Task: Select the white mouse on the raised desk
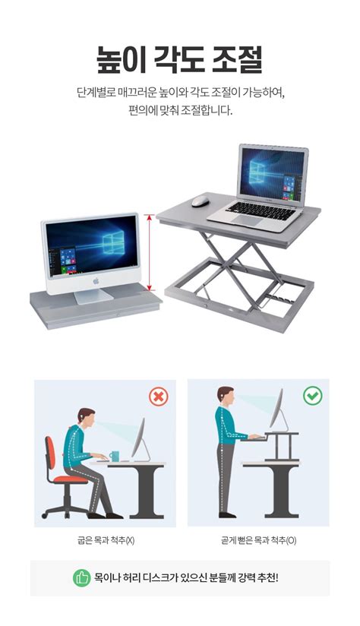(201, 201)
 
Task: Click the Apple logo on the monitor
(96, 280)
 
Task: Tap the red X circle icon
(158, 397)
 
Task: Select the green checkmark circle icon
(312, 396)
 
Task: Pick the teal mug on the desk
(114, 456)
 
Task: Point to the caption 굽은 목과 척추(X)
(106, 541)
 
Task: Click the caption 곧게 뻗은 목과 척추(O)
(257, 541)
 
